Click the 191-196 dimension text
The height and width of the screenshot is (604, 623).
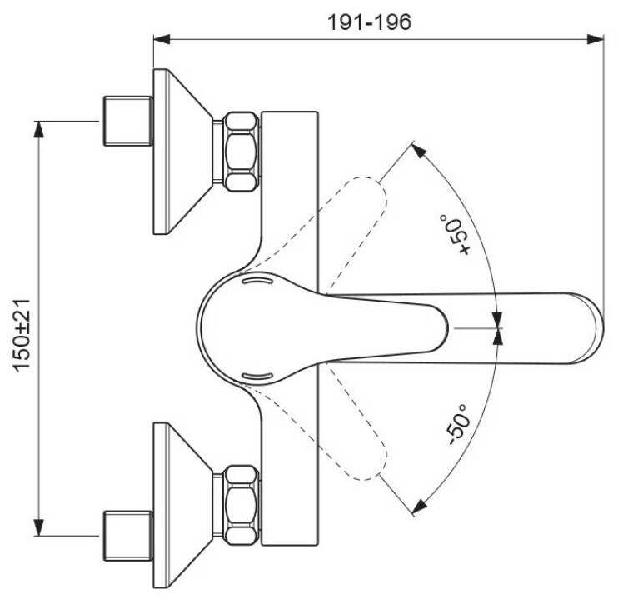[369, 22]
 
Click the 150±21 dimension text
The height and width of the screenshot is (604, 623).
[22, 335]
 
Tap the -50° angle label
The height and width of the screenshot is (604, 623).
[457, 425]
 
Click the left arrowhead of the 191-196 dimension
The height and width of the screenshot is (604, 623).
[162, 39]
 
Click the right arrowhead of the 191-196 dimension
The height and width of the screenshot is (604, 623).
[596, 39]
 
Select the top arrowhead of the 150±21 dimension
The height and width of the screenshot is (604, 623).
[38, 129]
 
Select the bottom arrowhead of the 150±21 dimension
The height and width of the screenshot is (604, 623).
[38, 527]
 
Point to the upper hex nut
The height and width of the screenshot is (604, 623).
[241, 152]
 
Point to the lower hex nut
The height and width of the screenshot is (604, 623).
[241, 505]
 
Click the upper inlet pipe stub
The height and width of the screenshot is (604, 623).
[128, 121]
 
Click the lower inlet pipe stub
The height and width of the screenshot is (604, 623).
[128, 536]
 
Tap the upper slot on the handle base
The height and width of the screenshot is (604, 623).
[257, 281]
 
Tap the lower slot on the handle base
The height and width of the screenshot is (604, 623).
[257, 376]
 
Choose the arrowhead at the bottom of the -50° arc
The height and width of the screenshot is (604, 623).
[419, 507]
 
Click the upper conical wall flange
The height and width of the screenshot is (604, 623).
[181, 152]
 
